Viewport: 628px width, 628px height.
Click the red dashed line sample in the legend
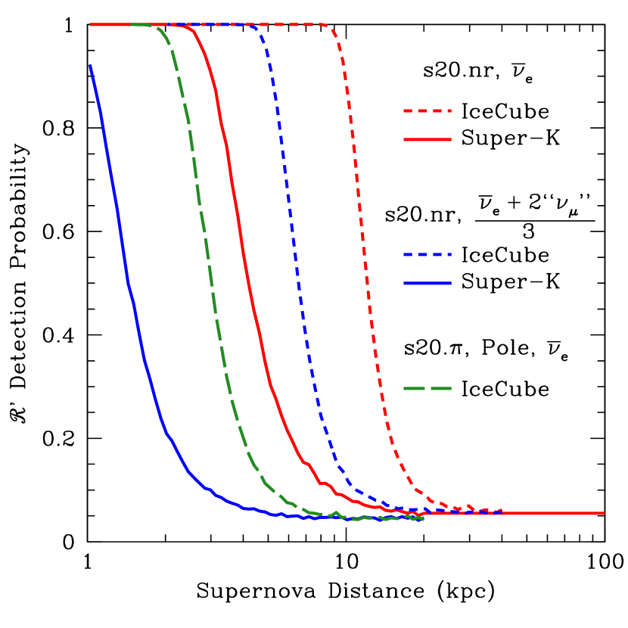427,111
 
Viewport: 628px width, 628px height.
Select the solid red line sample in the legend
427,140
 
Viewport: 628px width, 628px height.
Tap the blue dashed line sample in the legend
427,255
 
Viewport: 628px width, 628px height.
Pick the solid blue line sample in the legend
427,284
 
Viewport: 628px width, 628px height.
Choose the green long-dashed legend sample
427,389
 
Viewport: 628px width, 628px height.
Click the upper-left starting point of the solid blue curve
91,67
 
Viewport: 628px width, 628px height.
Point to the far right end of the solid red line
604,514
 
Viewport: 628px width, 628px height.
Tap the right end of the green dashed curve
421,519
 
